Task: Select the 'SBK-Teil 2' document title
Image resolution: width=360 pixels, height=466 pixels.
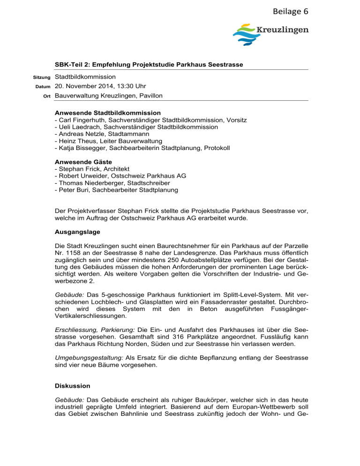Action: [149, 64]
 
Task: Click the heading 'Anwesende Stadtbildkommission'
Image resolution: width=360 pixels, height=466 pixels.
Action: [108, 113]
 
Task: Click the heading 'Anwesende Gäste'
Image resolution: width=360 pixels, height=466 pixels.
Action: [83, 162]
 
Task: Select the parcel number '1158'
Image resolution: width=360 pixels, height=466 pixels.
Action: [74, 252]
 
